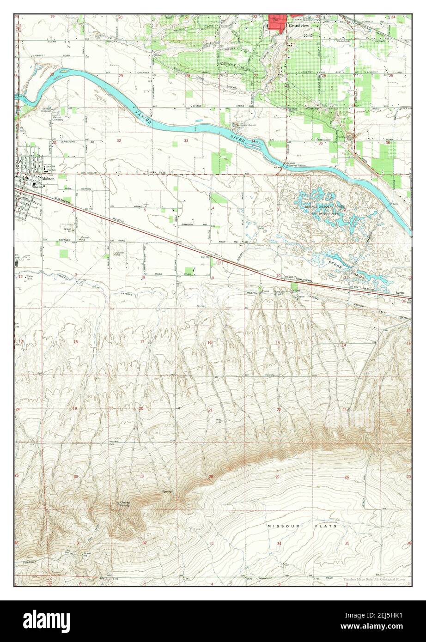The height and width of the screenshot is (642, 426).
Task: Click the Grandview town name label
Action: [299, 26]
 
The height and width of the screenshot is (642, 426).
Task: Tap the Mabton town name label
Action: [48, 178]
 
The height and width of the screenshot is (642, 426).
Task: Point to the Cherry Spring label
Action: [123, 504]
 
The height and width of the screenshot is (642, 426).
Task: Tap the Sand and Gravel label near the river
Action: [245, 125]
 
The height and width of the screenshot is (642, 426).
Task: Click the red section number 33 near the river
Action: [186, 140]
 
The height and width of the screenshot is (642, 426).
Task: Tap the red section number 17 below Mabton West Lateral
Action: [142, 342]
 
